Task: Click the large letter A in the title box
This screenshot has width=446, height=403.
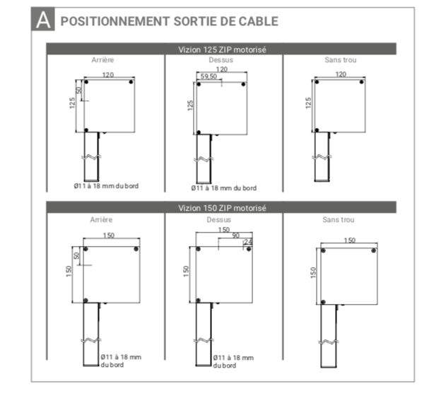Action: point(43,20)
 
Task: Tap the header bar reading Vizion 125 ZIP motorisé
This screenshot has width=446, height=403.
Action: point(221,49)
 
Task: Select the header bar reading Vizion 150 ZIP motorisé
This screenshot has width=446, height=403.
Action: point(221,207)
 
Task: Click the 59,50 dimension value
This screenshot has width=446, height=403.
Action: point(209,76)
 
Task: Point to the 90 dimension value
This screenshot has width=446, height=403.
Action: point(236,235)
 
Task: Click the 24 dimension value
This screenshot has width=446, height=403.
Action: point(248,242)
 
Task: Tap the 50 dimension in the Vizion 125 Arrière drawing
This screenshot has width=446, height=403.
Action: point(78,90)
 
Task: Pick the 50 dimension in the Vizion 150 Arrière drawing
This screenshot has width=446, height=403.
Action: point(76,255)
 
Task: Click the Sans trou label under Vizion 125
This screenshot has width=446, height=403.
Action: point(341,60)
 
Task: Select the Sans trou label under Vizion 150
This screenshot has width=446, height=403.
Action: point(338,219)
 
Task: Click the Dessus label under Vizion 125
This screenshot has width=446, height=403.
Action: point(221,60)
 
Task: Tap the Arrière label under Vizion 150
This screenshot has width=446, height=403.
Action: point(101,219)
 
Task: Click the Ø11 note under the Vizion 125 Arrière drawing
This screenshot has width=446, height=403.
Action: point(106,186)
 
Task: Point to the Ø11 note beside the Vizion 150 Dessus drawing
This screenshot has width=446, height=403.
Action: point(233,361)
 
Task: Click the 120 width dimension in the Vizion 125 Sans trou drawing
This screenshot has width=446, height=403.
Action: point(341,74)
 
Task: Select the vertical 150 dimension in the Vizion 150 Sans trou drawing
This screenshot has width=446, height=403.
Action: point(313,272)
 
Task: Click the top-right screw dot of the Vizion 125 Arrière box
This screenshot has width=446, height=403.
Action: point(131,82)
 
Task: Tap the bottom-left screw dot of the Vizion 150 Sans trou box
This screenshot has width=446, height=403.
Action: point(323,302)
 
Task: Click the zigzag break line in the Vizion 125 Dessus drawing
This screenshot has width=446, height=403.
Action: point(204,159)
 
